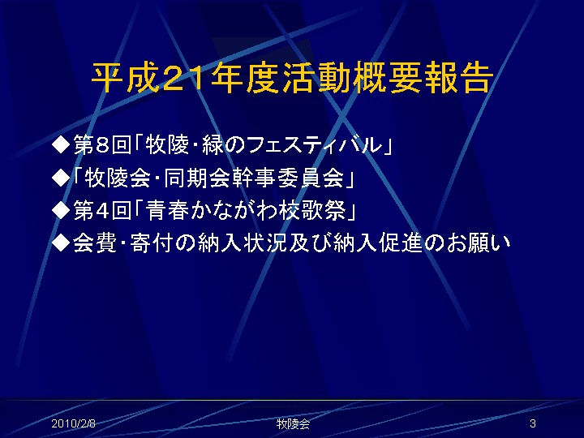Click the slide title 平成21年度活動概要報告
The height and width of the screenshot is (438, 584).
click(293, 78)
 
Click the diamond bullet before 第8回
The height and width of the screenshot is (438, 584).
click(61, 145)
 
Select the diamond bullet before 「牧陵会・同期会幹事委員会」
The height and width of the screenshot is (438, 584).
click(61, 178)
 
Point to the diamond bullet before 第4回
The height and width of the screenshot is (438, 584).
click(61, 210)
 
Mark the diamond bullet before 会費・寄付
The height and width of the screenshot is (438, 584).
click(61, 243)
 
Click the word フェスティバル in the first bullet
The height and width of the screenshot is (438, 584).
click(315, 145)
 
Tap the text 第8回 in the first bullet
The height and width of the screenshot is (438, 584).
click(102, 145)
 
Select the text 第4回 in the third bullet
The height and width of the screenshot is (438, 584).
click(102, 210)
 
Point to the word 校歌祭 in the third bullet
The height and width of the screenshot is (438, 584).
click(313, 210)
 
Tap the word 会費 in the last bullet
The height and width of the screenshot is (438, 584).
click(95, 243)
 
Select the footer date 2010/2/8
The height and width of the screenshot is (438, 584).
click(73, 423)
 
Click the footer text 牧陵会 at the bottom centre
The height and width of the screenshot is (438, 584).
click(293, 424)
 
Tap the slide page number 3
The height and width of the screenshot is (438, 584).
click(533, 423)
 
